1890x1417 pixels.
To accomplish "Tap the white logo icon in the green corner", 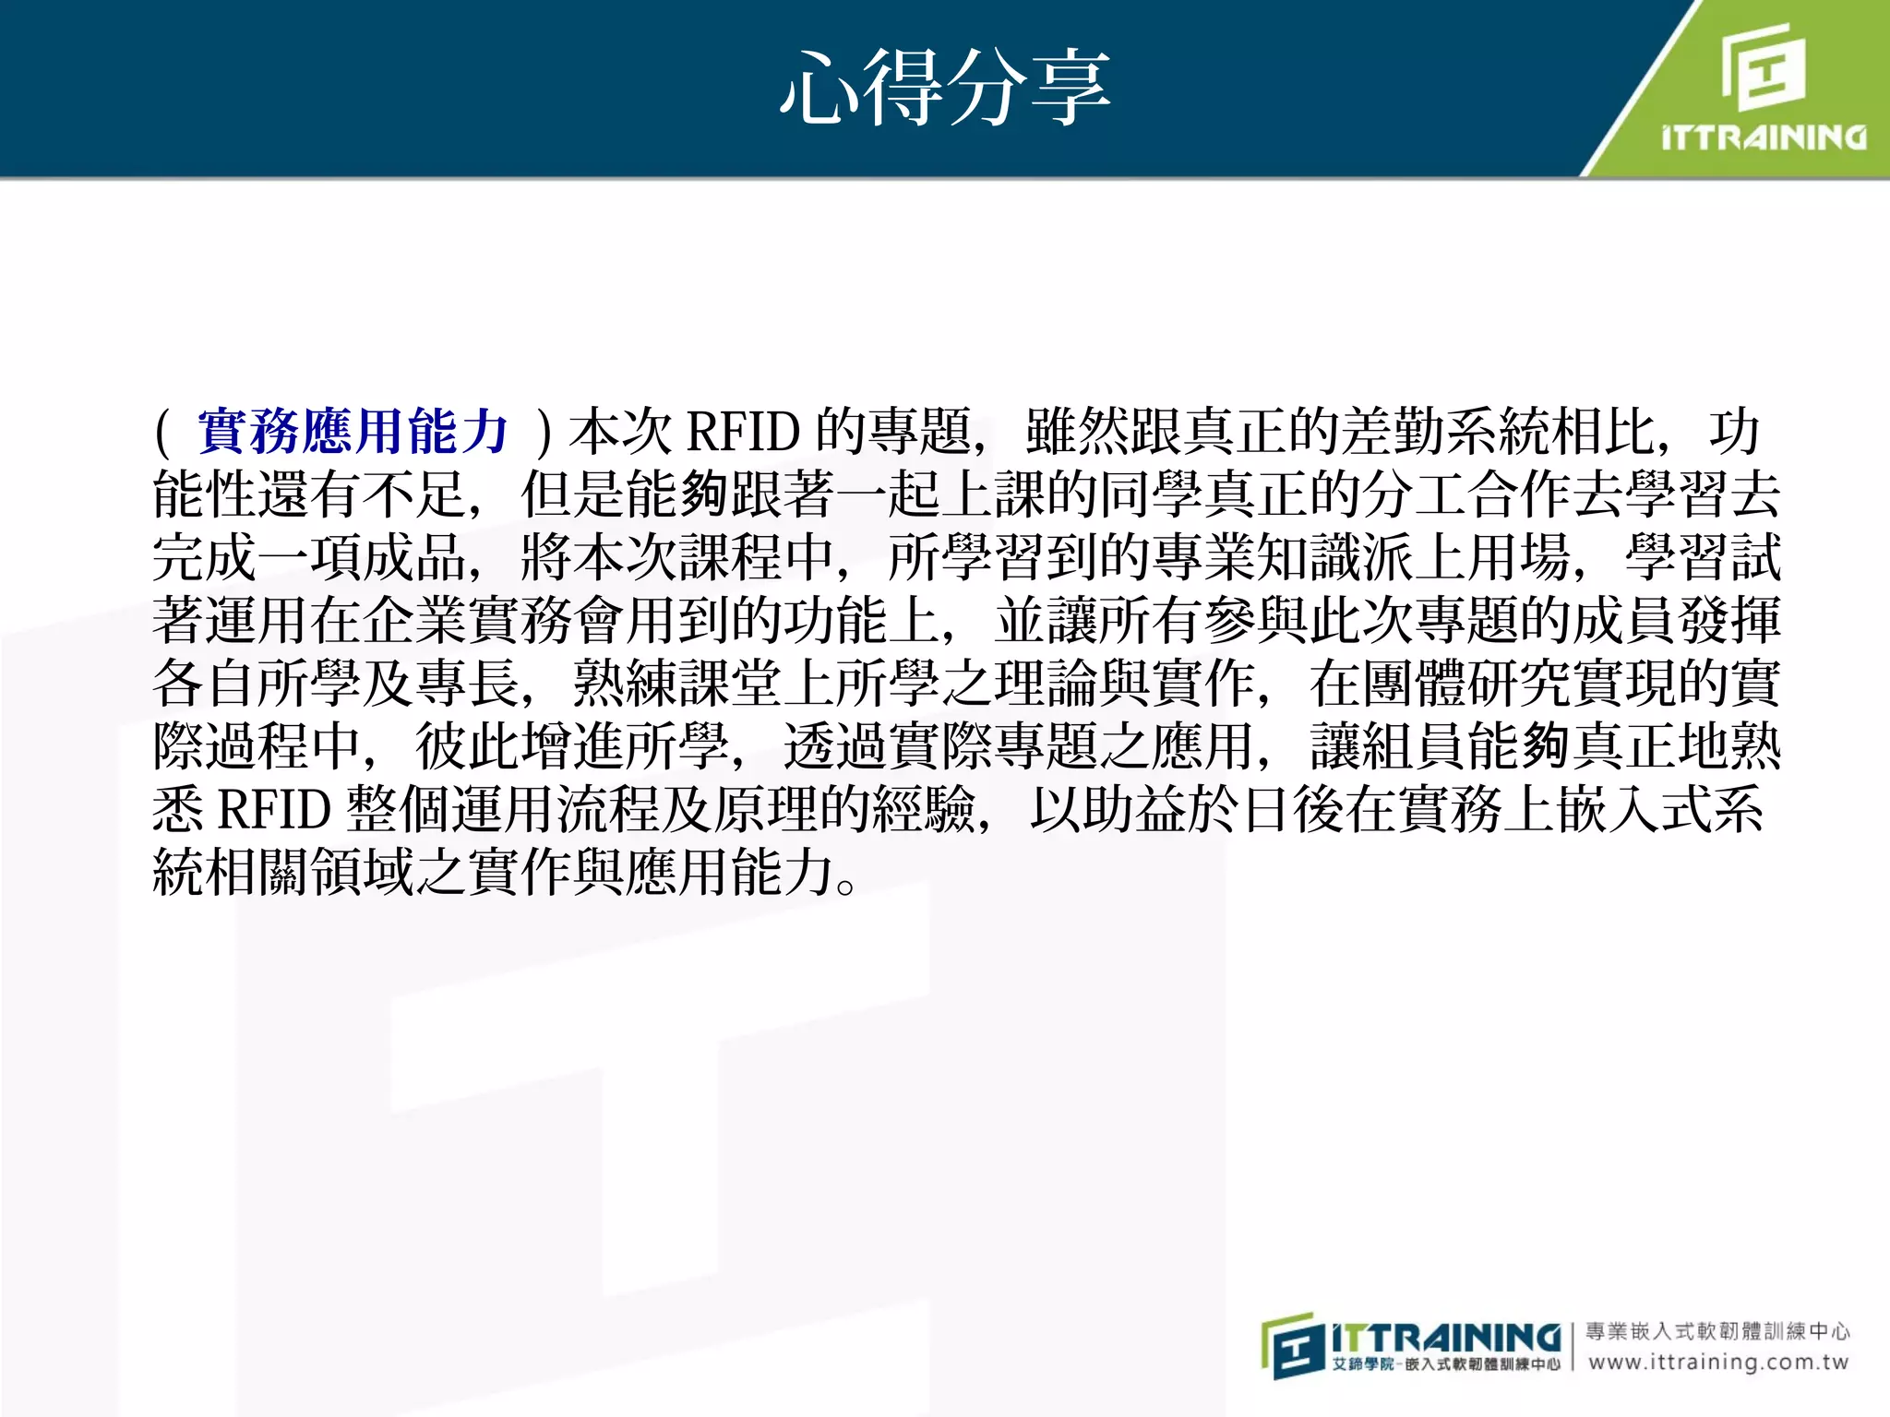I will [1764, 65].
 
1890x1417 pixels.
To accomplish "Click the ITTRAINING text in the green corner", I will [1764, 138].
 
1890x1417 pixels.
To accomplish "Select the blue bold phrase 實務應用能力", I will [353, 431].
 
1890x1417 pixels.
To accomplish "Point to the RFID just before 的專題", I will [743, 431].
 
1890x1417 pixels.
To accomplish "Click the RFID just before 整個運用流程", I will [274, 809].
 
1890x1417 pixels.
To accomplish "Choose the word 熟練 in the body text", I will [626, 683].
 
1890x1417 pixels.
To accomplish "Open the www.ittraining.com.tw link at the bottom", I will [1718, 1363].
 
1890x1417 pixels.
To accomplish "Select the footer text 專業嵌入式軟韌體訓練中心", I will [1718, 1331].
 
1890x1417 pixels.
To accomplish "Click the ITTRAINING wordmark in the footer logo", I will [1446, 1337].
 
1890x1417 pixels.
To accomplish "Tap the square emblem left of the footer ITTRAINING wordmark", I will [1292, 1347].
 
